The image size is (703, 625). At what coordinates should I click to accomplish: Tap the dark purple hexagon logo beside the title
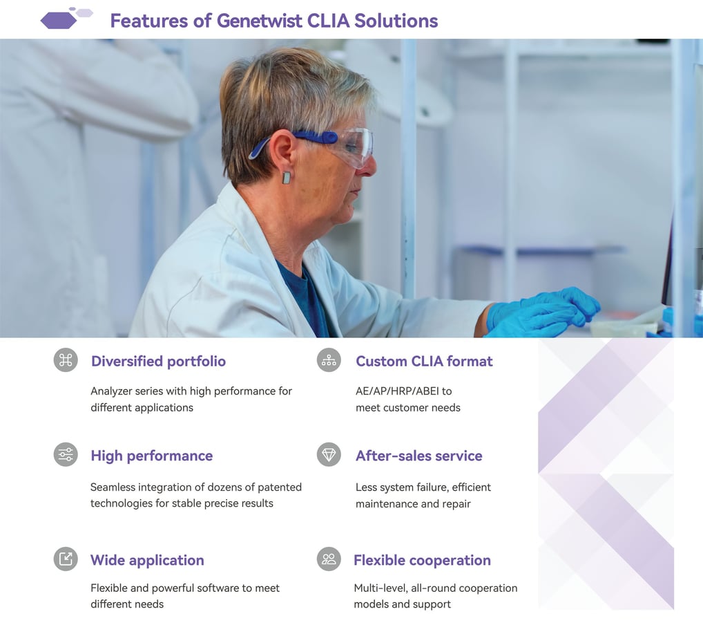click(59, 21)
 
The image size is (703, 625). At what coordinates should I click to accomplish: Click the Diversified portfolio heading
click(158, 362)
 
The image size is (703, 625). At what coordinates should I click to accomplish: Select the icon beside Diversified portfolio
click(66, 360)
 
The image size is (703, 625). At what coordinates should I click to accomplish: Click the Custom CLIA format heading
click(424, 362)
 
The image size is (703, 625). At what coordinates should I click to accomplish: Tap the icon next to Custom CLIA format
click(329, 360)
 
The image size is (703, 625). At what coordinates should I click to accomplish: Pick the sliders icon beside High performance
click(66, 454)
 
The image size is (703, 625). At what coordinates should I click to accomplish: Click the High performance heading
click(151, 456)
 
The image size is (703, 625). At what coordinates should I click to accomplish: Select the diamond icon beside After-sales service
click(329, 454)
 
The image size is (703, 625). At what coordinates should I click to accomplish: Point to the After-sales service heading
click(418, 456)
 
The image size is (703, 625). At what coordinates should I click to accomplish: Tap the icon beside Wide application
click(66, 559)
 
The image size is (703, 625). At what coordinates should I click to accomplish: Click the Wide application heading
click(147, 560)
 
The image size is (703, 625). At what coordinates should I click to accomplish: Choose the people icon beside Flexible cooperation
click(329, 559)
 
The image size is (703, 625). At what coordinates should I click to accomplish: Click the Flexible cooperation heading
click(422, 560)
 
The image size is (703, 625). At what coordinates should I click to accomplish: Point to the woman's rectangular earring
click(287, 178)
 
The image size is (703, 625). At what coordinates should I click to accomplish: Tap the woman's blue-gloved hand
click(545, 310)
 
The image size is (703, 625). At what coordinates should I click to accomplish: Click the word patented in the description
click(279, 487)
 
